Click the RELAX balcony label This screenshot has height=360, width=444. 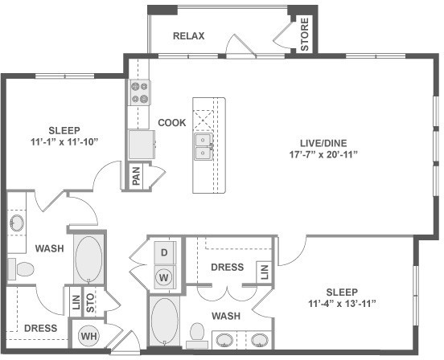pos(188,36)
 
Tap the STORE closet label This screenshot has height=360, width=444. pos(304,35)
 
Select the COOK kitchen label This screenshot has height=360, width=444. pos(172,122)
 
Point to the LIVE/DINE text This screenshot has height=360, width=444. pos(323,143)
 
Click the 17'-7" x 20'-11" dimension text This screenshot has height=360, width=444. pos(323,155)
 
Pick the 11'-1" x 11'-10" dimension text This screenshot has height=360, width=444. pos(64,142)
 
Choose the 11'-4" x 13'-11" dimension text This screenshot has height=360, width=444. pos(342,304)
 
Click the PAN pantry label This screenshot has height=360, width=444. pos(136,176)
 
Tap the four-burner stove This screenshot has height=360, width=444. pos(139,92)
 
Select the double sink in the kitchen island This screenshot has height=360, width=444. pos(203,146)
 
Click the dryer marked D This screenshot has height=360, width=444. pos(164,252)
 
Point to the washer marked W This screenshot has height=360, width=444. pos(163,277)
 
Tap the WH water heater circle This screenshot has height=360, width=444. pos(89,336)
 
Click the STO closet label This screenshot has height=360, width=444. pos(90,303)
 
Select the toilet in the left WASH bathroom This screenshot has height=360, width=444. pos(20,269)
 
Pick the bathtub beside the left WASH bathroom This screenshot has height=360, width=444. pos(88,259)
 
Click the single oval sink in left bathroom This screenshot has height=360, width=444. pos(16,223)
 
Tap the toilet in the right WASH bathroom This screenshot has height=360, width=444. pos(197,336)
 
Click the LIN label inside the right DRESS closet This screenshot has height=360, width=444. pos(264,272)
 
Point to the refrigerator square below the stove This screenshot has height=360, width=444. pos(142,144)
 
